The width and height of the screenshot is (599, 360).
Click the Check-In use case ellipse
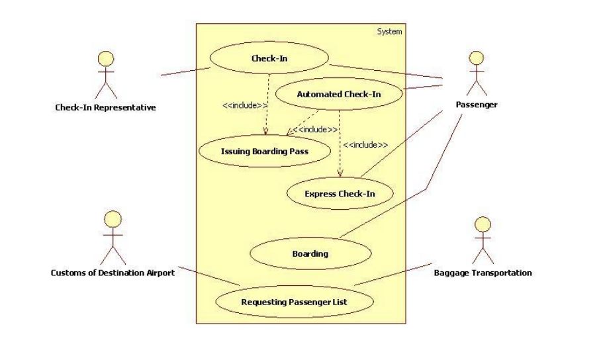tap(269, 58)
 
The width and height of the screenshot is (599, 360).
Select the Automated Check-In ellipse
tap(338, 95)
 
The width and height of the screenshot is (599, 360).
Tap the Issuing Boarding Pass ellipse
tap(264, 151)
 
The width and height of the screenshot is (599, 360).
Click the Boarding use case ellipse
tap(310, 253)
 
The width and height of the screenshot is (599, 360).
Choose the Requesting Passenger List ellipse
tap(293, 302)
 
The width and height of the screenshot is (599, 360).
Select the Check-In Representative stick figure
tap(106, 73)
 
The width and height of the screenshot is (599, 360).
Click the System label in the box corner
tap(389, 31)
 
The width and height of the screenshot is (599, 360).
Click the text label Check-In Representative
tap(106, 107)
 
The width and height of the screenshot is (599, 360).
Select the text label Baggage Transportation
tap(483, 273)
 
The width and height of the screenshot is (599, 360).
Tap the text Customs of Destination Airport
tap(113, 273)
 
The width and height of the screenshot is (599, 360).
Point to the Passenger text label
tap(477, 105)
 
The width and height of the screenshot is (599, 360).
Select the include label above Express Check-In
tap(365, 144)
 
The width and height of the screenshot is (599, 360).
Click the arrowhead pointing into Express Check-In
tap(340, 175)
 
